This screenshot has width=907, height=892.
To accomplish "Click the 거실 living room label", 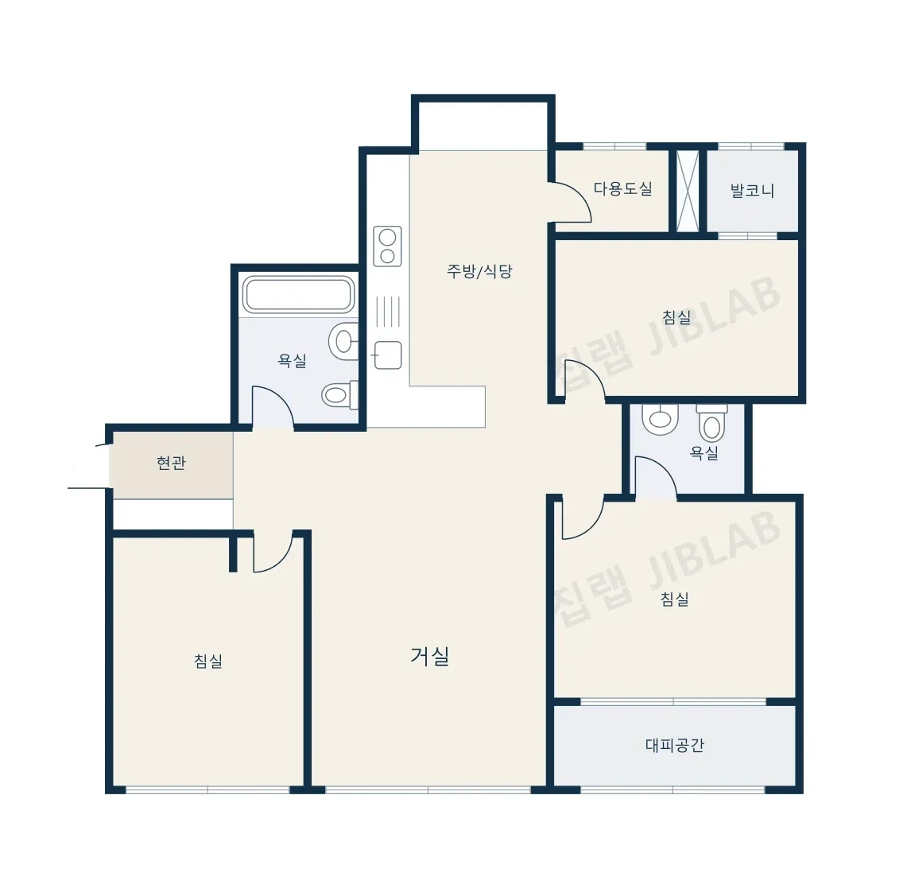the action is point(430,656).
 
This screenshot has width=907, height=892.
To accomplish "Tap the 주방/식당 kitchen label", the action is point(479,271).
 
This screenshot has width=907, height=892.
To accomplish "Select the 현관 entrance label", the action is point(171,463).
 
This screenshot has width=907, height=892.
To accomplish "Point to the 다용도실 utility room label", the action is point(623,188).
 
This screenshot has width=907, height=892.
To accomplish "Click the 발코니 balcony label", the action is point(752,190).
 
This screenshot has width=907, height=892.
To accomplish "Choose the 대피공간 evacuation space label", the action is point(674,744).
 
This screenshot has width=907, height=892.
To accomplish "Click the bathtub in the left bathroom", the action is point(298,294).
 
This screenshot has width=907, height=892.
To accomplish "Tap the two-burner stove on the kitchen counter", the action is point(388,246).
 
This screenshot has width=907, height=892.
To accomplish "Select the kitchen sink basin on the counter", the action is point(388,355).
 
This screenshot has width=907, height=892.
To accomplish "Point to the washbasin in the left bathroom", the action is point(343,341).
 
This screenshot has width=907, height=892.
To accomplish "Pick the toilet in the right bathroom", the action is point(712,423).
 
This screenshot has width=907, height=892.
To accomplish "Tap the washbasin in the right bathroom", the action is point(660,418).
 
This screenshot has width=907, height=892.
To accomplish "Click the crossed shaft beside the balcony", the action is point(688,191).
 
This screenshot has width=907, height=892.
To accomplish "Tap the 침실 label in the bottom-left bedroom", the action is point(208,661).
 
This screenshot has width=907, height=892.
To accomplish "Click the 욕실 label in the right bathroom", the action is point(704,453).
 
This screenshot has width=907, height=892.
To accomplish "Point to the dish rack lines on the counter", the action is point(388,312).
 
